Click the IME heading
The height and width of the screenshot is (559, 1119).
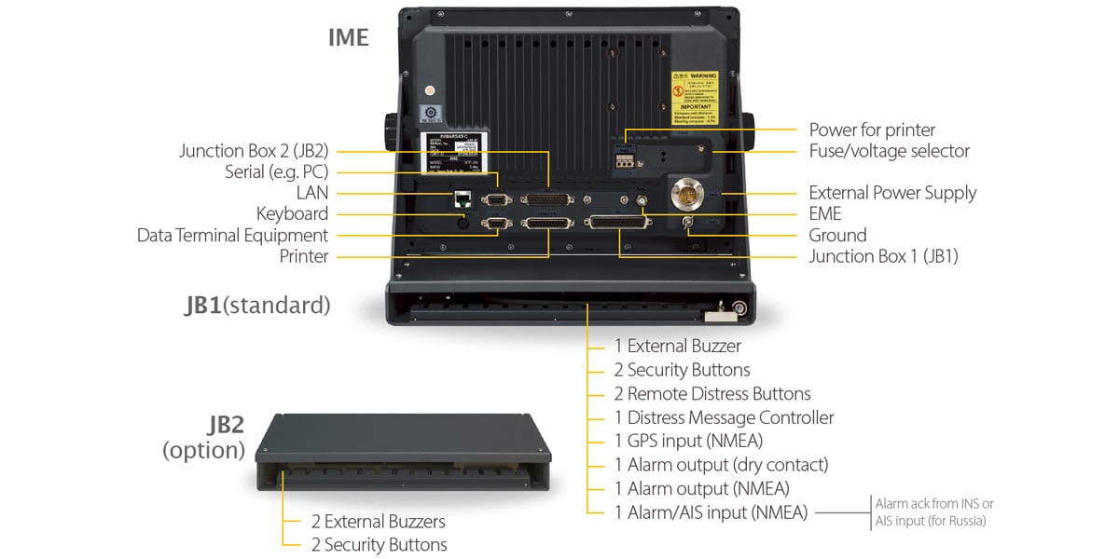[x=348, y=37]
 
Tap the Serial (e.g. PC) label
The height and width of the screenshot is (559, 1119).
[x=276, y=172]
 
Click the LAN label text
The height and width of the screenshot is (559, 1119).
[x=312, y=193]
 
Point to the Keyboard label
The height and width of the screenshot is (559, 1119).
[x=292, y=214]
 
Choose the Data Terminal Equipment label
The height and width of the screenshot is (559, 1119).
[x=232, y=236]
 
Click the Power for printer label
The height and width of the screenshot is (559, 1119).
[x=872, y=130]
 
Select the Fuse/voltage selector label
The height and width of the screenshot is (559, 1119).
[x=889, y=151]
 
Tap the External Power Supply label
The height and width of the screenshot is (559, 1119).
[x=892, y=193]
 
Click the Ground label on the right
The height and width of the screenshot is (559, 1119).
[x=837, y=236]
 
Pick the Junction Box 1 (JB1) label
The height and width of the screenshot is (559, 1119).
[x=883, y=256]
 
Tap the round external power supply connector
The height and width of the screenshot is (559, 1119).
[x=690, y=195]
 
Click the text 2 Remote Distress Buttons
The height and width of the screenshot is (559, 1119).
[x=711, y=393]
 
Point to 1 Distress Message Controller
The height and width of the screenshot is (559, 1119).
[x=724, y=417]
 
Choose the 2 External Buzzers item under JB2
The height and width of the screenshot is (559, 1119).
[x=378, y=522]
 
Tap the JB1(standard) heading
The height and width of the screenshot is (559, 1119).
[x=257, y=305]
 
